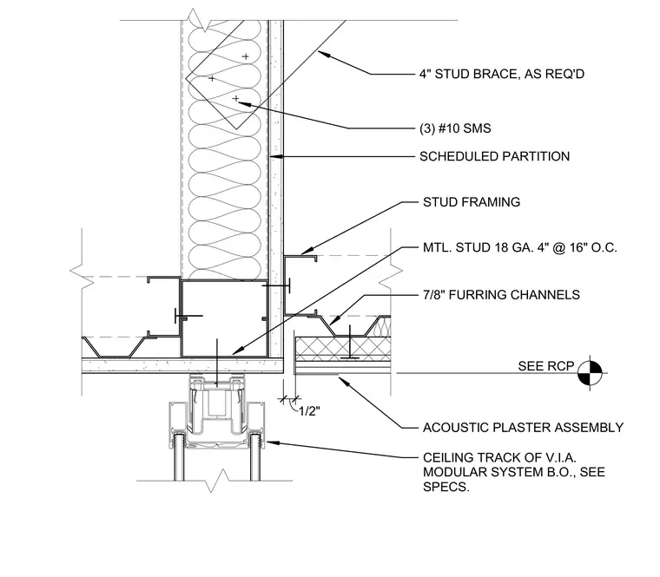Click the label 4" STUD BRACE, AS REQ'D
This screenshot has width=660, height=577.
[x=502, y=74]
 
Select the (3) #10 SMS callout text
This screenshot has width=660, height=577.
[x=455, y=128]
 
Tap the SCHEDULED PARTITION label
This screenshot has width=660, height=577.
[x=495, y=156]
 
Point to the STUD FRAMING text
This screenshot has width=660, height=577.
[x=472, y=202]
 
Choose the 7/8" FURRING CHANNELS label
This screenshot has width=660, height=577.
[x=501, y=295]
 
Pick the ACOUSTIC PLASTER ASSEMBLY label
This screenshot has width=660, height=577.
[x=523, y=428]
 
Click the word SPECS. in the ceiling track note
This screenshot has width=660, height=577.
[x=446, y=487]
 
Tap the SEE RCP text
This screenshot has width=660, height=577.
[x=546, y=366]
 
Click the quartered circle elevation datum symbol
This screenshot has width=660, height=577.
[x=590, y=372]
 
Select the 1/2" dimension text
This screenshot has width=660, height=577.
[x=309, y=411]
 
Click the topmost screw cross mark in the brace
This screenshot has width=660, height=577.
[x=246, y=56]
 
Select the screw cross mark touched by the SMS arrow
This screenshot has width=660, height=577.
[x=235, y=99]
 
